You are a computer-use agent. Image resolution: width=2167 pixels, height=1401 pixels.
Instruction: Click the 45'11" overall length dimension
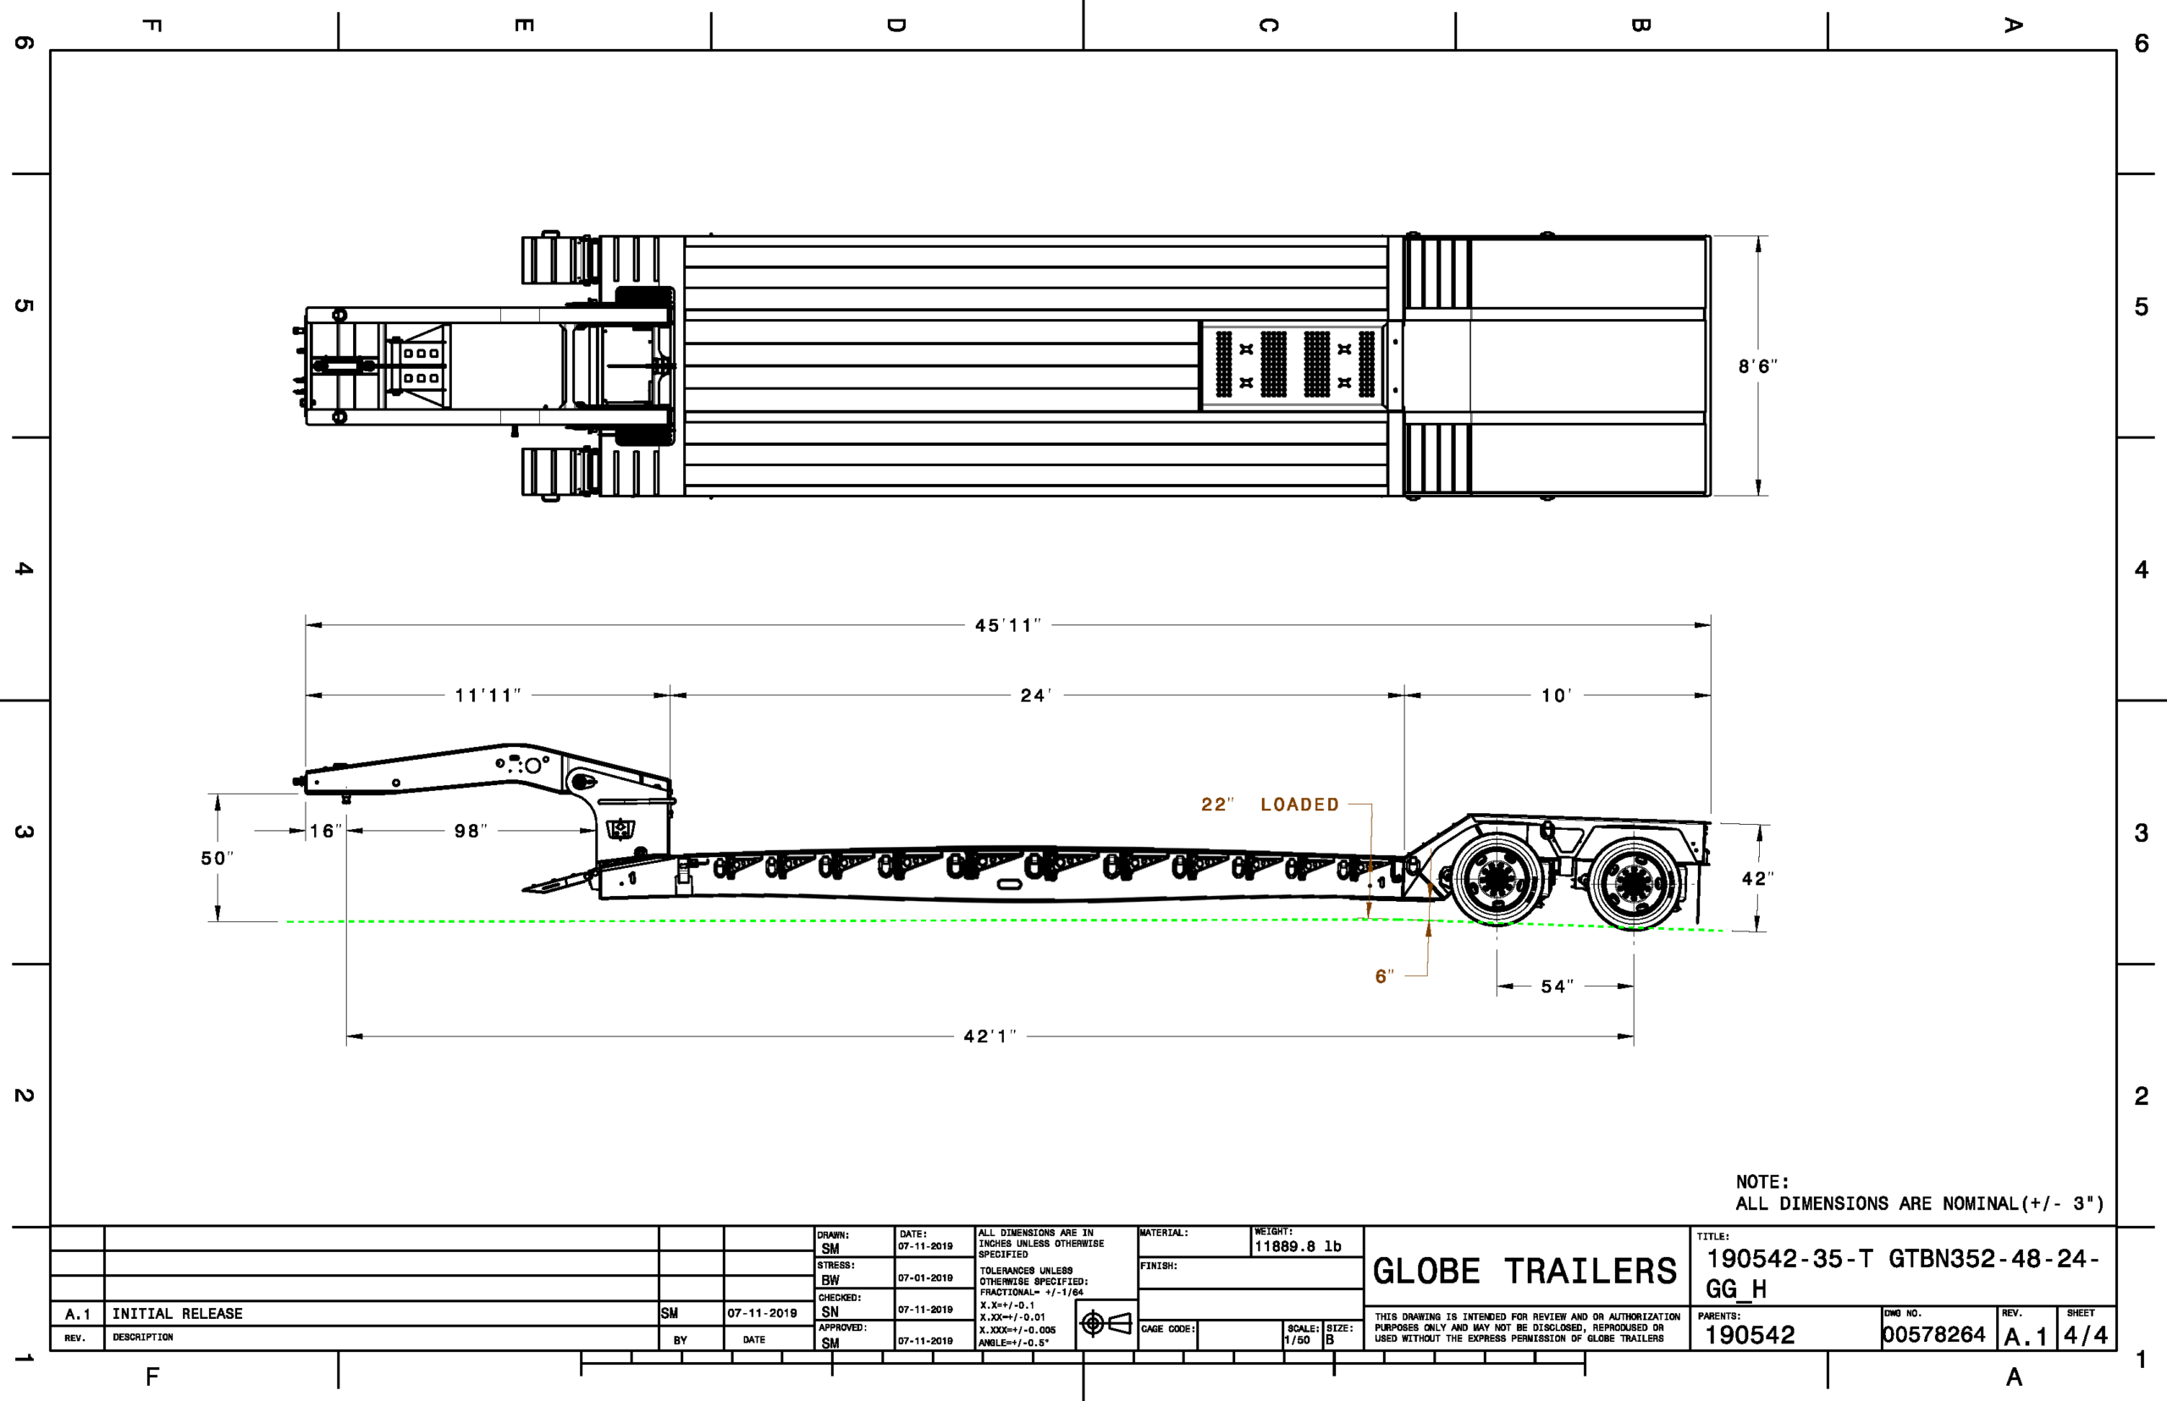tap(1007, 626)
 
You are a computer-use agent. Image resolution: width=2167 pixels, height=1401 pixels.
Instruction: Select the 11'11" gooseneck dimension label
tap(488, 696)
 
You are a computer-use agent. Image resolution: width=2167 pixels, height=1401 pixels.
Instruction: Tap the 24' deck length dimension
tap(1036, 696)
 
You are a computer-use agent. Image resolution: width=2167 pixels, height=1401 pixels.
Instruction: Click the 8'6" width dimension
tap(1757, 366)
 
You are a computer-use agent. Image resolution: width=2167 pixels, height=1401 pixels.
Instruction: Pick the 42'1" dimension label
tap(990, 1037)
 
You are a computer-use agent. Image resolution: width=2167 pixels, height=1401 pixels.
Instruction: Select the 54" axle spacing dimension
tap(1558, 987)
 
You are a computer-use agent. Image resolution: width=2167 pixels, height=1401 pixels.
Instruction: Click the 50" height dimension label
tap(217, 859)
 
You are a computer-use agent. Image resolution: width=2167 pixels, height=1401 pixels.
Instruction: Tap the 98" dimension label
tap(471, 832)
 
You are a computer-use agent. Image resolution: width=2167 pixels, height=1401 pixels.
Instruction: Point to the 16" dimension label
tap(326, 832)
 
